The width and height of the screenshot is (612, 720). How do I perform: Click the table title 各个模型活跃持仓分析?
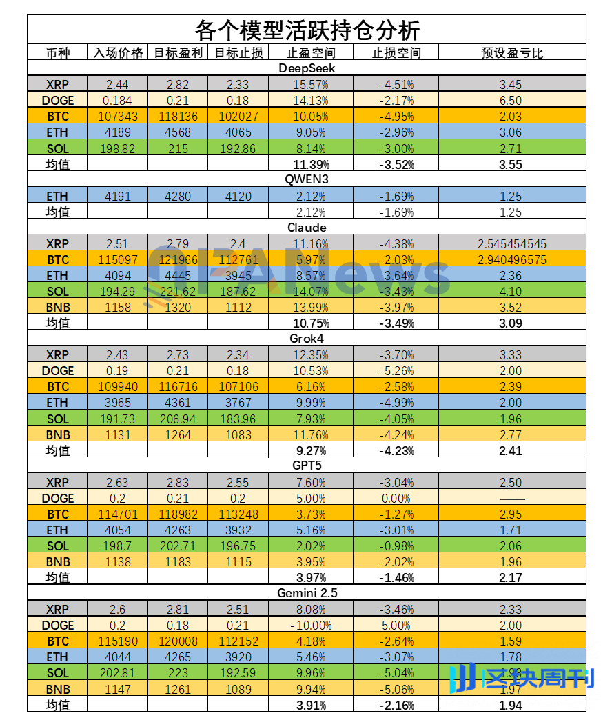[x=307, y=30]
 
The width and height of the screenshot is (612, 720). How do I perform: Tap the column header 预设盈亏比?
[x=511, y=53]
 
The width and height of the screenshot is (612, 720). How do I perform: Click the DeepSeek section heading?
[x=307, y=68]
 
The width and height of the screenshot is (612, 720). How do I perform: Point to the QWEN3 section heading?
[x=307, y=180]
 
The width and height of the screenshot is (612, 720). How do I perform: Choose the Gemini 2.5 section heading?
[x=307, y=592]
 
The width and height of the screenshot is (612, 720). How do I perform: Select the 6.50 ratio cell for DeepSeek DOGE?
[x=511, y=100]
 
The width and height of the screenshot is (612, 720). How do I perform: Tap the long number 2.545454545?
[x=511, y=243]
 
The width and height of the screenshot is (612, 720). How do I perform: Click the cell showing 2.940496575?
[x=511, y=259]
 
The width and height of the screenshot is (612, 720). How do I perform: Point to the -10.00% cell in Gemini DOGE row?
[x=309, y=625]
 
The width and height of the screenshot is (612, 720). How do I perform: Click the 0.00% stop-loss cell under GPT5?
[x=396, y=498]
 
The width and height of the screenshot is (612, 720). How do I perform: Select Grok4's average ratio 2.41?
[x=511, y=450]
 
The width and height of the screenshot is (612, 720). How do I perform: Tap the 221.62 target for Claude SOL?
[x=178, y=291]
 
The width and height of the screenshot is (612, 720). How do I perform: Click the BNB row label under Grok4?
[x=59, y=434]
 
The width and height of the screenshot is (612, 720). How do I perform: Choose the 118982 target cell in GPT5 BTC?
[x=178, y=514]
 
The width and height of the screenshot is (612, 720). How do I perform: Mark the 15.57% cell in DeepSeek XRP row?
[x=309, y=84]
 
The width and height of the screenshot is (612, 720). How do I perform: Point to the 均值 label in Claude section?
[x=59, y=323]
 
